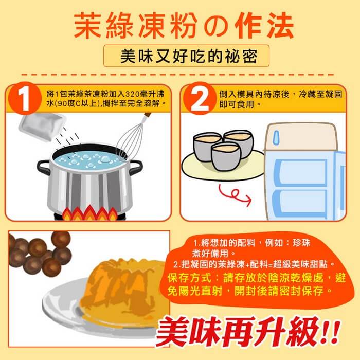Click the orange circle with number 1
[x=25, y=98]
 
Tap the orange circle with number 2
[x=200, y=98]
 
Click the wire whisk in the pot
[x=132, y=138]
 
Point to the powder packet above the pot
[x=42, y=127]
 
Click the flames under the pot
[x=90, y=213]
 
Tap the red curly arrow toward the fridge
[x=234, y=195]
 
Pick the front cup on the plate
[x=226, y=156]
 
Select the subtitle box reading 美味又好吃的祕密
[x=186, y=56]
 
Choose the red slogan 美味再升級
[x=248, y=332]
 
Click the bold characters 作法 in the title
[x=264, y=26]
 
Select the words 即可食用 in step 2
[x=237, y=104]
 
